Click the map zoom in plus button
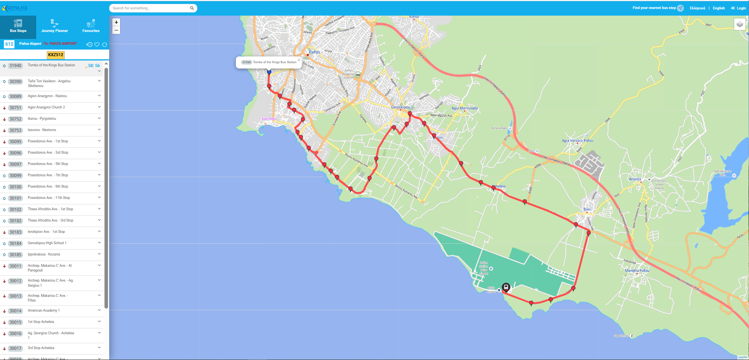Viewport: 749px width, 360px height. click(x=116, y=22)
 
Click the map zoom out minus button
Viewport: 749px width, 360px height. click(x=116, y=30)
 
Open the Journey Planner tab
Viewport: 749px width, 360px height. click(x=55, y=27)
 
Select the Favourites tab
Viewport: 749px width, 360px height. click(x=91, y=27)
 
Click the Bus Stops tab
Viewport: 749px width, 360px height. click(x=18, y=27)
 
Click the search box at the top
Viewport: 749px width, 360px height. click(x=150, y=8)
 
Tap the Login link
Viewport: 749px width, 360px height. click(x=738, y=8)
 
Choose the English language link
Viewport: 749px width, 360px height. click(x=719, y=8)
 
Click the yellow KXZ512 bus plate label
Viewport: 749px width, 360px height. click(x=56, y=55)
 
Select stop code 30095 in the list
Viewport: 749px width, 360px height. click(x=16, y=142)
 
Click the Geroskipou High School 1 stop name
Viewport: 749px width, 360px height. click(x=47, y=243)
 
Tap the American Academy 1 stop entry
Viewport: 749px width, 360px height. click(x=44, y=310)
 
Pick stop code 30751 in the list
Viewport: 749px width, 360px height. click(x=16, y=108)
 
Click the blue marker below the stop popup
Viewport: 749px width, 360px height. click(x=269, y=72)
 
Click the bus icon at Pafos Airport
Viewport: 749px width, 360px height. click(x=506, y=287)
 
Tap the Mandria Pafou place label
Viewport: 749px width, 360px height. click(x=637, y=270)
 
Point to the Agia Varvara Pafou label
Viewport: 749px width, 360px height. click(x=577, y=140)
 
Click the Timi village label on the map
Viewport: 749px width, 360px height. click(x=586, y=209)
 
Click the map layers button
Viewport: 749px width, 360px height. click(x=740, y=24)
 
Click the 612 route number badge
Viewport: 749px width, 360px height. click(x=9, y=44)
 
